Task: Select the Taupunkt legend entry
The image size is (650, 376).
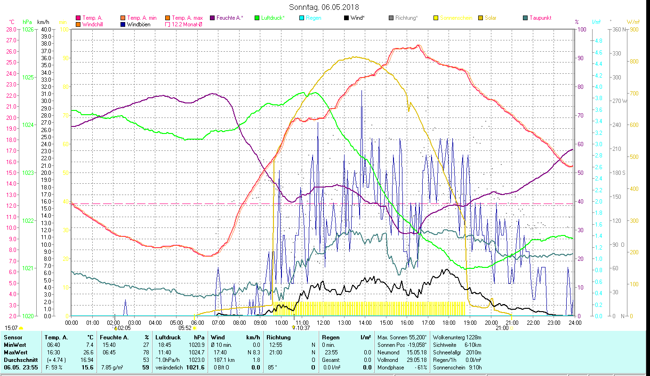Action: [540, 18]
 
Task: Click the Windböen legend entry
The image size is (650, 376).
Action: [138, 24]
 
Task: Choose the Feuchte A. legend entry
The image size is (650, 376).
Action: [229, 18]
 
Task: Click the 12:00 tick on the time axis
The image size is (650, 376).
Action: [323, 322]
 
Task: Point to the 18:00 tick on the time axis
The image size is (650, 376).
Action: [449, 322]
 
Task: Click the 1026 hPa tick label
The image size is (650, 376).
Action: [28, 29]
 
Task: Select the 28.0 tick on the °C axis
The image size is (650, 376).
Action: [11, 29]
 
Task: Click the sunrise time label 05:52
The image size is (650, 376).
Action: [185, 328]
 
